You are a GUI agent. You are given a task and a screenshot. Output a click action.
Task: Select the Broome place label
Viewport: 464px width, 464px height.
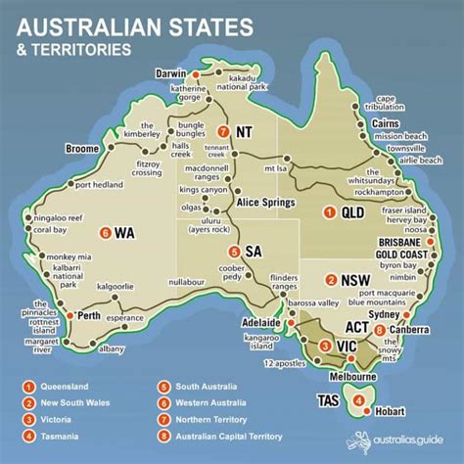point(80,148)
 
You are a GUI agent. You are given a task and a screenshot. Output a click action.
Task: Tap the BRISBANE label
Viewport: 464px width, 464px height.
point(401,242)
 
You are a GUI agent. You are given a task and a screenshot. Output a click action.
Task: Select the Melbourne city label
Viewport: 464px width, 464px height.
point(353,377)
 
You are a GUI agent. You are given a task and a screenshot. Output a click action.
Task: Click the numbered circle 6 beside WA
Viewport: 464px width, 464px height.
point(105,233)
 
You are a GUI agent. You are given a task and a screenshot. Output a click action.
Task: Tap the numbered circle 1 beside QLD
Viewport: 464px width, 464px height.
point(330,211)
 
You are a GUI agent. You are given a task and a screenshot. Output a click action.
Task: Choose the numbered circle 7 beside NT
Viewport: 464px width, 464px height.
point(224,131)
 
